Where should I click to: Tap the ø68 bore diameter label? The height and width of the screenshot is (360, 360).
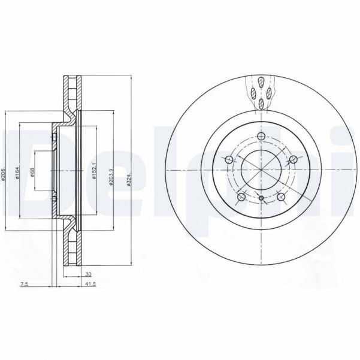point(33,171)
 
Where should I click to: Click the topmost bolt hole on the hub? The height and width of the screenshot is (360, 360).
point(261,138)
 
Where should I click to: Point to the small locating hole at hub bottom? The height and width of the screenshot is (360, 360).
point(261,197)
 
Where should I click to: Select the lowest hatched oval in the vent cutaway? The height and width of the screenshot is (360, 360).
point(261,103)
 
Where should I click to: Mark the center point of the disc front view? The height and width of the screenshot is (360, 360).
point(261,171)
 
